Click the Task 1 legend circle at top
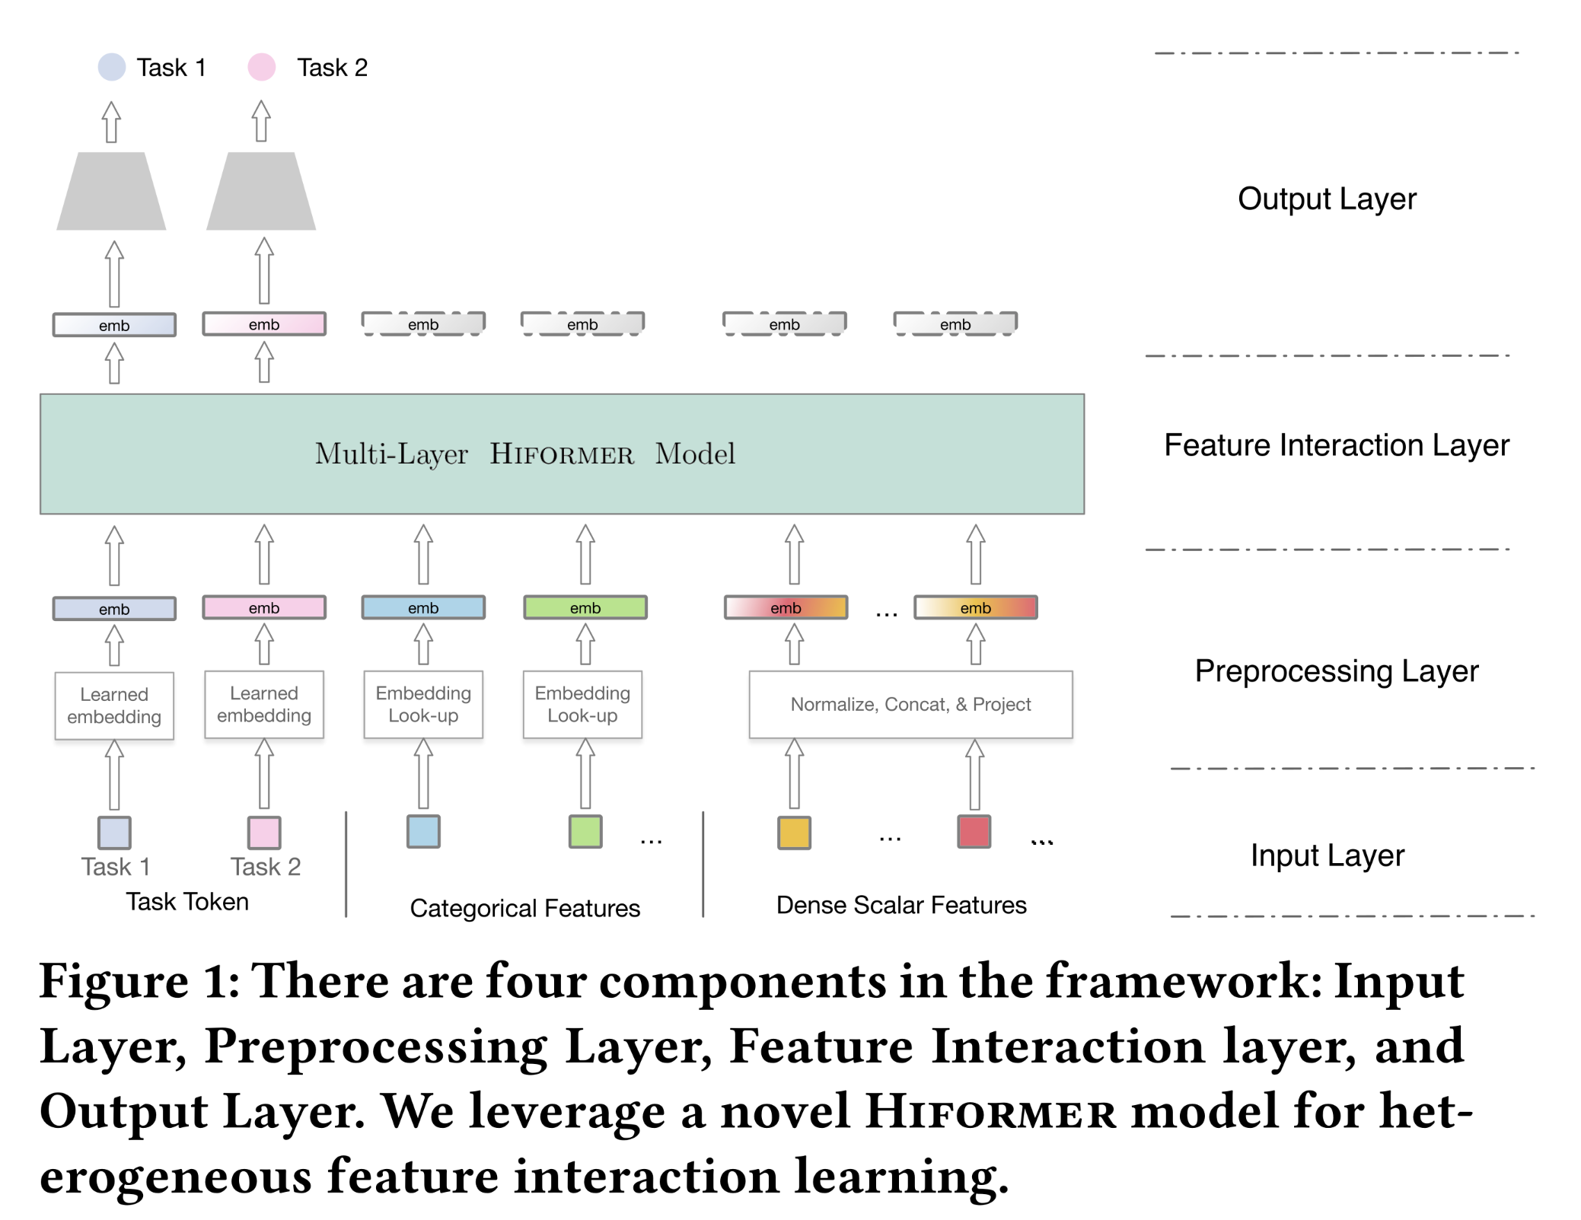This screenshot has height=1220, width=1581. point(112,67)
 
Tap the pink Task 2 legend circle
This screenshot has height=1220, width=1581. point(261,67)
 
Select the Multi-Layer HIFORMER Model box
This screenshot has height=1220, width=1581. point(562,454)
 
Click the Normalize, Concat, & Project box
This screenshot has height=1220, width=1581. point(910,704)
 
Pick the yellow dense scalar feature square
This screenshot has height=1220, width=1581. point(794,832)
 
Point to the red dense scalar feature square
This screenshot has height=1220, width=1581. point(974,831)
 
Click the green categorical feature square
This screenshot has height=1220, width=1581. point(585,831)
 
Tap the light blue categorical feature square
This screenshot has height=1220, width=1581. point(423,831)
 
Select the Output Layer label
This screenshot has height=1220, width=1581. point(1327,199)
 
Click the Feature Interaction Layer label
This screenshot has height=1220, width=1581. point(1336,445)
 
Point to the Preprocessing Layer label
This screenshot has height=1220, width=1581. point(1336,671)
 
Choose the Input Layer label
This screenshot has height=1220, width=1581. point(1328,855)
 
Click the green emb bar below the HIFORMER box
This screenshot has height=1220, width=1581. point(585,607)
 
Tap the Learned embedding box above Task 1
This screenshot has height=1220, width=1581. point(114,706)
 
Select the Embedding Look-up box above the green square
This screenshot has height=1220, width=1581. point(582,704)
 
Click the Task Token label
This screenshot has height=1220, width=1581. point(187,902)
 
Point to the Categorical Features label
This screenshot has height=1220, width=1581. point(524,908)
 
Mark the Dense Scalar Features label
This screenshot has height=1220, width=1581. point(901,905)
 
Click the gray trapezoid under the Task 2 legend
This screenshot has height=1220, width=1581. point(261,191)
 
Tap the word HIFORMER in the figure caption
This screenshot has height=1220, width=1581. point(990,1112)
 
